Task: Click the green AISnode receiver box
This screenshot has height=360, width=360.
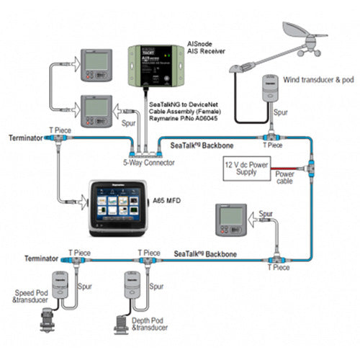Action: click(x=153, y=63)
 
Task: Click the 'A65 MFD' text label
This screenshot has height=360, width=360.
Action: click(x=169, y=201)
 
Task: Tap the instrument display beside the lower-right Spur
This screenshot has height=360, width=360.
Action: click(x=231, y=219)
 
